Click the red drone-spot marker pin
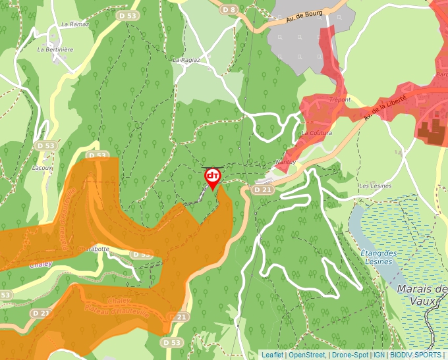pyautogui.click(x=213, y=177)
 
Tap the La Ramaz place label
pyautogui.click(x=74, y=24)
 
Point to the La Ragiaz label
pyautogui.click(x=186, y=60)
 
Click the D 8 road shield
pyautogui.click(x=229, y=10)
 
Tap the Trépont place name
pyautogui.click(x=339, y=100)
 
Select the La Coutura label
pyautogui.click(x=316, y=133)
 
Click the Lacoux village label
pyautogui.click(x=42, y=168)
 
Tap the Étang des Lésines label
pyautogui.click(x=378, y=257)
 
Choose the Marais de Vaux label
pyautogui.click(x=422, y=295)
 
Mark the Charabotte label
pyautogui.click(x=93, y=249)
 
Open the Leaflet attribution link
pyautogui.click(x=272, y=355)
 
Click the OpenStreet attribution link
pyautogui.click(x=307, y=355)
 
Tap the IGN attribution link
pyautogui.click(x=379, y=355)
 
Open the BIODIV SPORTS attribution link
pyautogui.click(x=416, y=355)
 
